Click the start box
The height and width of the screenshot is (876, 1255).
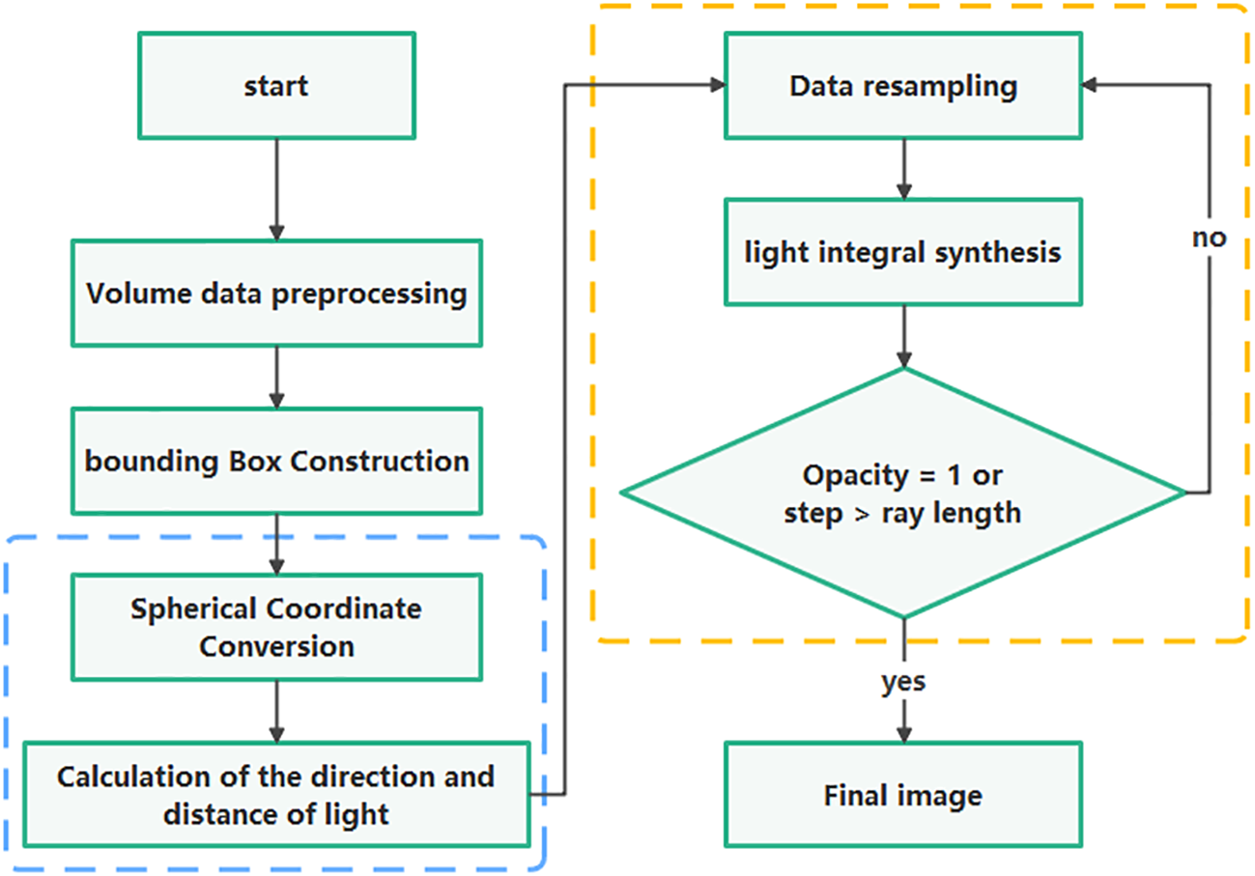(x=276, y=85)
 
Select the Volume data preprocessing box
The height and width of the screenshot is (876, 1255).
(x=276, y=294)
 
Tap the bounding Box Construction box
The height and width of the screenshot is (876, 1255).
(x=276, y=461)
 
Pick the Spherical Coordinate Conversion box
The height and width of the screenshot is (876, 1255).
(x=276, y=628)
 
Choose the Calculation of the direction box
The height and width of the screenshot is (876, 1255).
(x=276, y=794)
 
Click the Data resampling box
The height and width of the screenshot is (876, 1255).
(x=902, y=86)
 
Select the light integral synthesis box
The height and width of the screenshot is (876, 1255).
(x=902, y=253)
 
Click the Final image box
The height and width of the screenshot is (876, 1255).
(x=902, y=796)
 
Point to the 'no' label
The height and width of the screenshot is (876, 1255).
(x=1208, y=238)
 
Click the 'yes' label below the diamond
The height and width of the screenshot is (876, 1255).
(x=902, y=682)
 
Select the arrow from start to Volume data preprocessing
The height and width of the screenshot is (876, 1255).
(x=276, y=188)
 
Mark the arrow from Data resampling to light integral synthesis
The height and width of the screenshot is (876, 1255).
(x=902, y=169)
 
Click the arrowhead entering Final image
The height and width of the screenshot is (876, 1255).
(x=902, y=734)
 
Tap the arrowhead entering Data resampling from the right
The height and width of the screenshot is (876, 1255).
(x=1090, y=85)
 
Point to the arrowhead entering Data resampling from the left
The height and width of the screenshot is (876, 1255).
(x=717, y=85)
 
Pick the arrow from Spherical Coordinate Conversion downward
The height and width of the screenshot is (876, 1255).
(x=276, y=710)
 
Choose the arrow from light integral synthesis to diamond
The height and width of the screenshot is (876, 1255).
(x=902, y=336)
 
